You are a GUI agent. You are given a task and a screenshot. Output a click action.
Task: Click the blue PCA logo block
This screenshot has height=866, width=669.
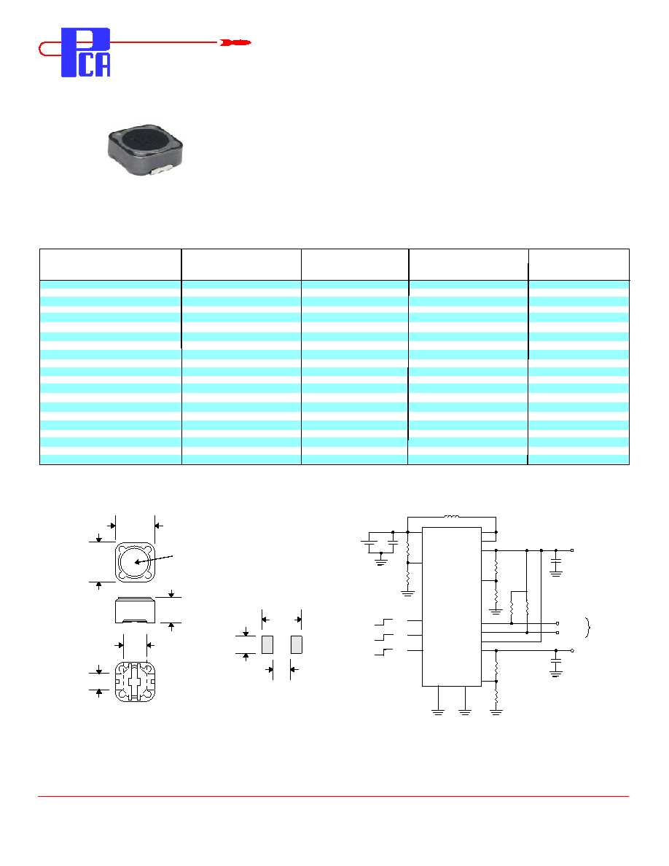85,52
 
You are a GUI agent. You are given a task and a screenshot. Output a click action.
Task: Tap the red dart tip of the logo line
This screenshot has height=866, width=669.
235,42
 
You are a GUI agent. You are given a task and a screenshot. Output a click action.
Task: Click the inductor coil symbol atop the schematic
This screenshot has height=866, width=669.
452,517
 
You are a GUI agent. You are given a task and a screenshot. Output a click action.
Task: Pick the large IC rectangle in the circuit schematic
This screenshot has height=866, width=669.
452,606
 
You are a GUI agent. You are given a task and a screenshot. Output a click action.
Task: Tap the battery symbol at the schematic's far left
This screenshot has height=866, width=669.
369,543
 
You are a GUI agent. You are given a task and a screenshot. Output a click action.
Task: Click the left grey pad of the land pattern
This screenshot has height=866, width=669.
267,644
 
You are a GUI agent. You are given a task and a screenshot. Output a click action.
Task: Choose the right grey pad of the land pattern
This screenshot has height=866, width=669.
297,644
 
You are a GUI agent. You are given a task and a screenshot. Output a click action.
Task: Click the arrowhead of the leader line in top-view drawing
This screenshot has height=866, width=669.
138,562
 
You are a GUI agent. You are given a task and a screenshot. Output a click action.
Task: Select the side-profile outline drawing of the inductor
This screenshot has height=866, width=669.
136,610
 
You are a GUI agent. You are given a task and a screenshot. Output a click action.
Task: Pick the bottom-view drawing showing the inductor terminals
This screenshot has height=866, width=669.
136,682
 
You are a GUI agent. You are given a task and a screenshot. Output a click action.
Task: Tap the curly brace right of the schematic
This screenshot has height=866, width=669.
588,628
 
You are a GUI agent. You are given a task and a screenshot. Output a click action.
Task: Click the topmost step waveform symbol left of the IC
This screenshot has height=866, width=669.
383,623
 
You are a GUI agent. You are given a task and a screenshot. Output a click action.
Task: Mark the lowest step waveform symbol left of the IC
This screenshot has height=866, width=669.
383,652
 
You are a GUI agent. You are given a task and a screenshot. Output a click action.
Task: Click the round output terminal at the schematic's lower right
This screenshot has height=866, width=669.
572,651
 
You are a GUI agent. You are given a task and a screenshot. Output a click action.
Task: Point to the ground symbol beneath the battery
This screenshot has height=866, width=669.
381,562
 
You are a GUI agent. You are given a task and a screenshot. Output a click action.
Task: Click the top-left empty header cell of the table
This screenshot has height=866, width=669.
110,265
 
